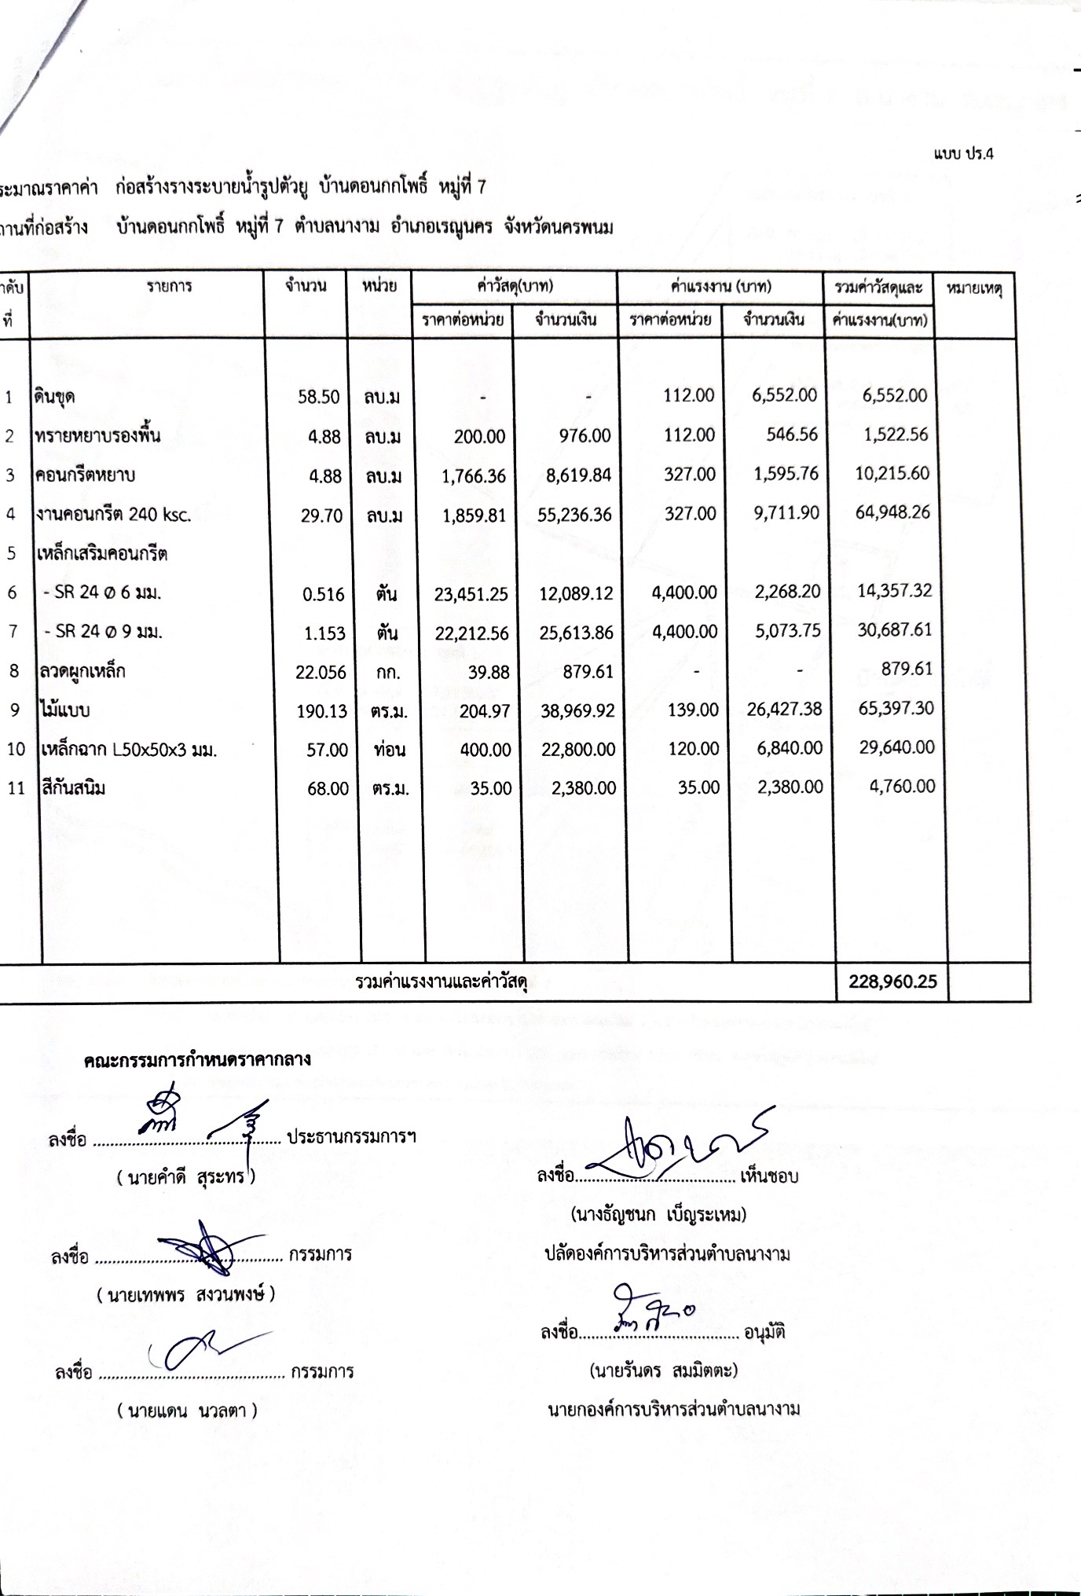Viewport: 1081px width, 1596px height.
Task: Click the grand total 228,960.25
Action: (x=893, y=981)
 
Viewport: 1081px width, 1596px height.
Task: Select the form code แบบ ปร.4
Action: (x=964, y=154)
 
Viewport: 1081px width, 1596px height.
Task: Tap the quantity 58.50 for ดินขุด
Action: (x=318, y=397)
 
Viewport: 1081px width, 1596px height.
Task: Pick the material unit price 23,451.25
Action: (x=471, y=594)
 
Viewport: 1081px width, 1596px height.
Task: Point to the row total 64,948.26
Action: (x=892, y=512)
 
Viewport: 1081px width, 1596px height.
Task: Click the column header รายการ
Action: (x=169, y=287)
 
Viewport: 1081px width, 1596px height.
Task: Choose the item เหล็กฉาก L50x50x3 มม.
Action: (x=129, y=750)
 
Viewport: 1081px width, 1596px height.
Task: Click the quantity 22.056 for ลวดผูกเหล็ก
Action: (x=321, y=672)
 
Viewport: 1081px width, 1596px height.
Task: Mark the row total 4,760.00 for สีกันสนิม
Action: (x=902, y=786)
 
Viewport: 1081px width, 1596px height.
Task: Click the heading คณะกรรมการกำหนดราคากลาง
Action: (x=197, y=1059)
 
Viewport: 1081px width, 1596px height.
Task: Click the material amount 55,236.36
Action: (x=576, y=515)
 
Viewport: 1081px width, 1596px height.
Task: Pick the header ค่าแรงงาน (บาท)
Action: (x=720, y=287)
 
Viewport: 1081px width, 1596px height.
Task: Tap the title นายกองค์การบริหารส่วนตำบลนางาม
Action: (x=673, y=1409)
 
